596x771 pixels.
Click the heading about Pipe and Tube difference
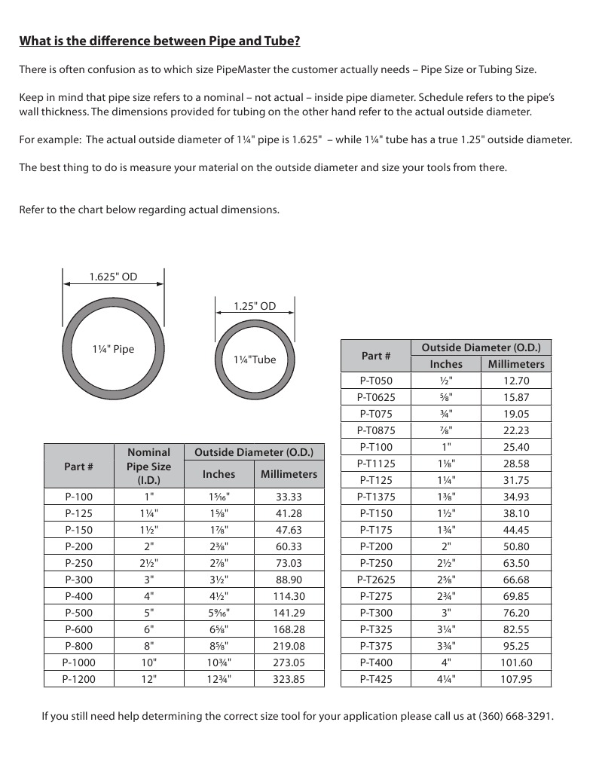[160, 41]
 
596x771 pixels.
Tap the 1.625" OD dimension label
[113, 277]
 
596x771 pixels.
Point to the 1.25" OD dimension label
[255, 306]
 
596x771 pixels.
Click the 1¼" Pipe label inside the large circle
[113, 349]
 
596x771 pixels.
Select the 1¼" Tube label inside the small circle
[255, 359]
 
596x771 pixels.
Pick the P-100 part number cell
[79, 497]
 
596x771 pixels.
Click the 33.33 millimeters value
[289, 497]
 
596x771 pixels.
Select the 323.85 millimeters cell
[289, 679]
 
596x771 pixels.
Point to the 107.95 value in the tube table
[516, 679]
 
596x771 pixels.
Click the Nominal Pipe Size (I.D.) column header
[149, 466]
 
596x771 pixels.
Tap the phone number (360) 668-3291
[515, 716]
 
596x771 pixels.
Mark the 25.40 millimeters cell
[516, 447]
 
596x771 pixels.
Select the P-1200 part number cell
[79, 679]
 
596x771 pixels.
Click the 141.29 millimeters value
[289, 613]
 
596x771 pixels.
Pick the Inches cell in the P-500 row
[219, 613]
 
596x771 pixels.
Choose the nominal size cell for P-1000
[149, 662]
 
